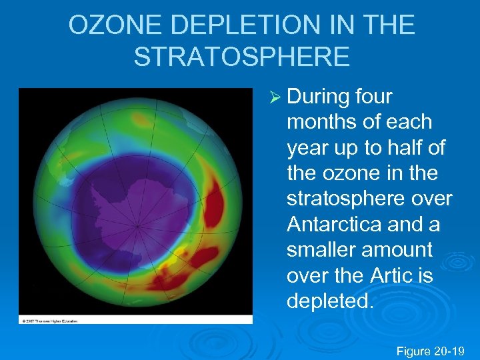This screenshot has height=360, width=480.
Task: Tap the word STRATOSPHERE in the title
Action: pyautogui.click(x=241, y=57)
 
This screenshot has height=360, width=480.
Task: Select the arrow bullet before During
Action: pyautogui.click(x=274, y=97)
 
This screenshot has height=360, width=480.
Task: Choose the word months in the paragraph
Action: pyautogui.click(x=322, y=123)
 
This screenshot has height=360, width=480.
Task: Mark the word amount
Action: pyautogui.click(x=405, y=249)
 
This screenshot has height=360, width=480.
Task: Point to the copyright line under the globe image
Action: pyautogui.click(x=50, y=321)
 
